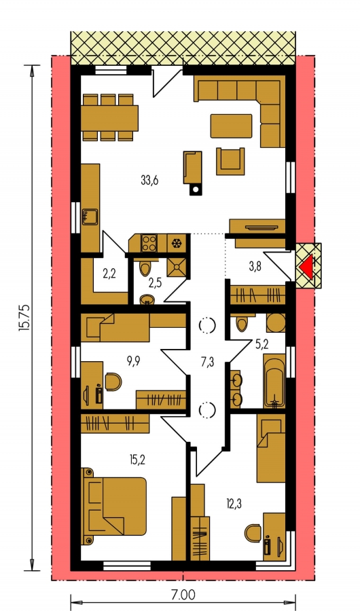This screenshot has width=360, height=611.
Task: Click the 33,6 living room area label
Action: pyautogui.click(x=149, y=181)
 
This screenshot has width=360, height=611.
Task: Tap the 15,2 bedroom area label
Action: pyautogui.click(x=137, y=460)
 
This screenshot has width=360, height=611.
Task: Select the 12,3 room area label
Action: pyautogui.click(x=234, y=504)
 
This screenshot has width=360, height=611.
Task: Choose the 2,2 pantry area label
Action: pyautogui.click(x=110, y=274)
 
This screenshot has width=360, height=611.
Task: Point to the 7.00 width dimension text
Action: pyautogui.click(x=183, y=595)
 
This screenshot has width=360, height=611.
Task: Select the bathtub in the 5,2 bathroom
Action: pyautogui.click(x=274, y=381)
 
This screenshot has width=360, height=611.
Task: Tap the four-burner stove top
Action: pyautogui.click(x=149, y=243)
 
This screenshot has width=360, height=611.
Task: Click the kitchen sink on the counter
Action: pyautogui.click(x=90, y=217)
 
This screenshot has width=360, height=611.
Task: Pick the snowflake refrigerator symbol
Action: pyautogui.click(x=177, y=244)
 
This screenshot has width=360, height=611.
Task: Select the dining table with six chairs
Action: pyautogui.click(x=109, y=117)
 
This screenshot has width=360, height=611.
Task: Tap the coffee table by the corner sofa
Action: pyautogui.click(x=232, y=126)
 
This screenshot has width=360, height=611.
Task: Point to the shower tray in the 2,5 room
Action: pyautogui.click(x=177, y=267)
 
